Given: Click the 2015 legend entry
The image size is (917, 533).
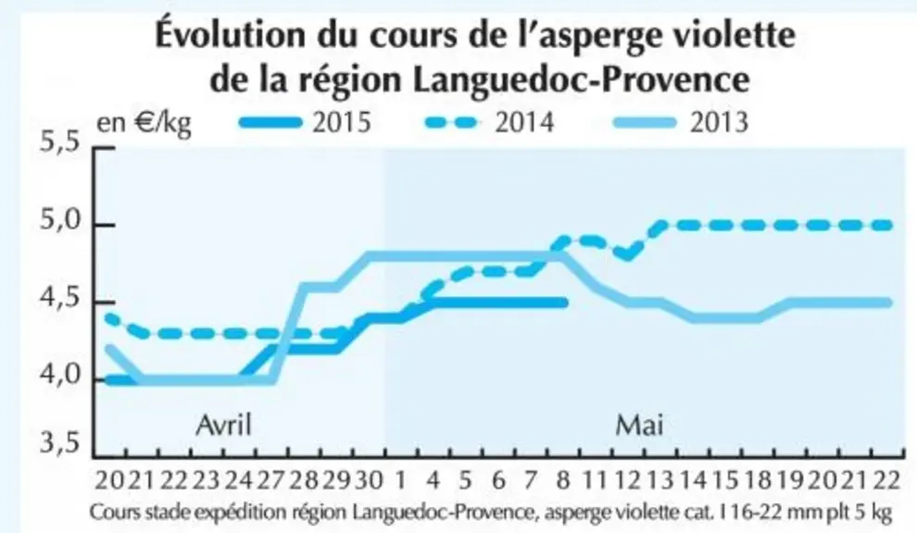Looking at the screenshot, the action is (x=306, y=123).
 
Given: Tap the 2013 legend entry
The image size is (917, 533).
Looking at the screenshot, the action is (x=681, y=123).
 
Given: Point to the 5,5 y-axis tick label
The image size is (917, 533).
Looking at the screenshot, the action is (x=59, y=143).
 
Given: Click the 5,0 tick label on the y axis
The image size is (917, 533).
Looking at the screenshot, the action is (x=59, y=222).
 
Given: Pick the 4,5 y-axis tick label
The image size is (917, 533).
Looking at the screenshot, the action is (x=59, y=300).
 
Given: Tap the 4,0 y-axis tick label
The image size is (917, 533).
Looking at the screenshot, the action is (x=59, y=376).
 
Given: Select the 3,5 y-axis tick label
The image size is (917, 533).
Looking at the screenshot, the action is (x=59, y=444).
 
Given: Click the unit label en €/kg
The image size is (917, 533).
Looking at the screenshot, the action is (x=144, y=124).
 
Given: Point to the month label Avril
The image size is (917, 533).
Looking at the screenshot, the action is (x=223, y=425).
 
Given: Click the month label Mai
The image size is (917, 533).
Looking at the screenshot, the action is (x=639, y=425).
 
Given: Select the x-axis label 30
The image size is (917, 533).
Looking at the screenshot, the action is (x=369, y=481).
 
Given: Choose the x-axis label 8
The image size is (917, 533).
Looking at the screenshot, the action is (x=563, y=481).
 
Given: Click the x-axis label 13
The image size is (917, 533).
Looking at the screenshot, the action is (x=660, y=481).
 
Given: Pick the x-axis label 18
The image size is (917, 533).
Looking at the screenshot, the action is (x=758, y=481).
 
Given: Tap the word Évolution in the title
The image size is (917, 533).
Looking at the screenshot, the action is (x=231, y=35).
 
